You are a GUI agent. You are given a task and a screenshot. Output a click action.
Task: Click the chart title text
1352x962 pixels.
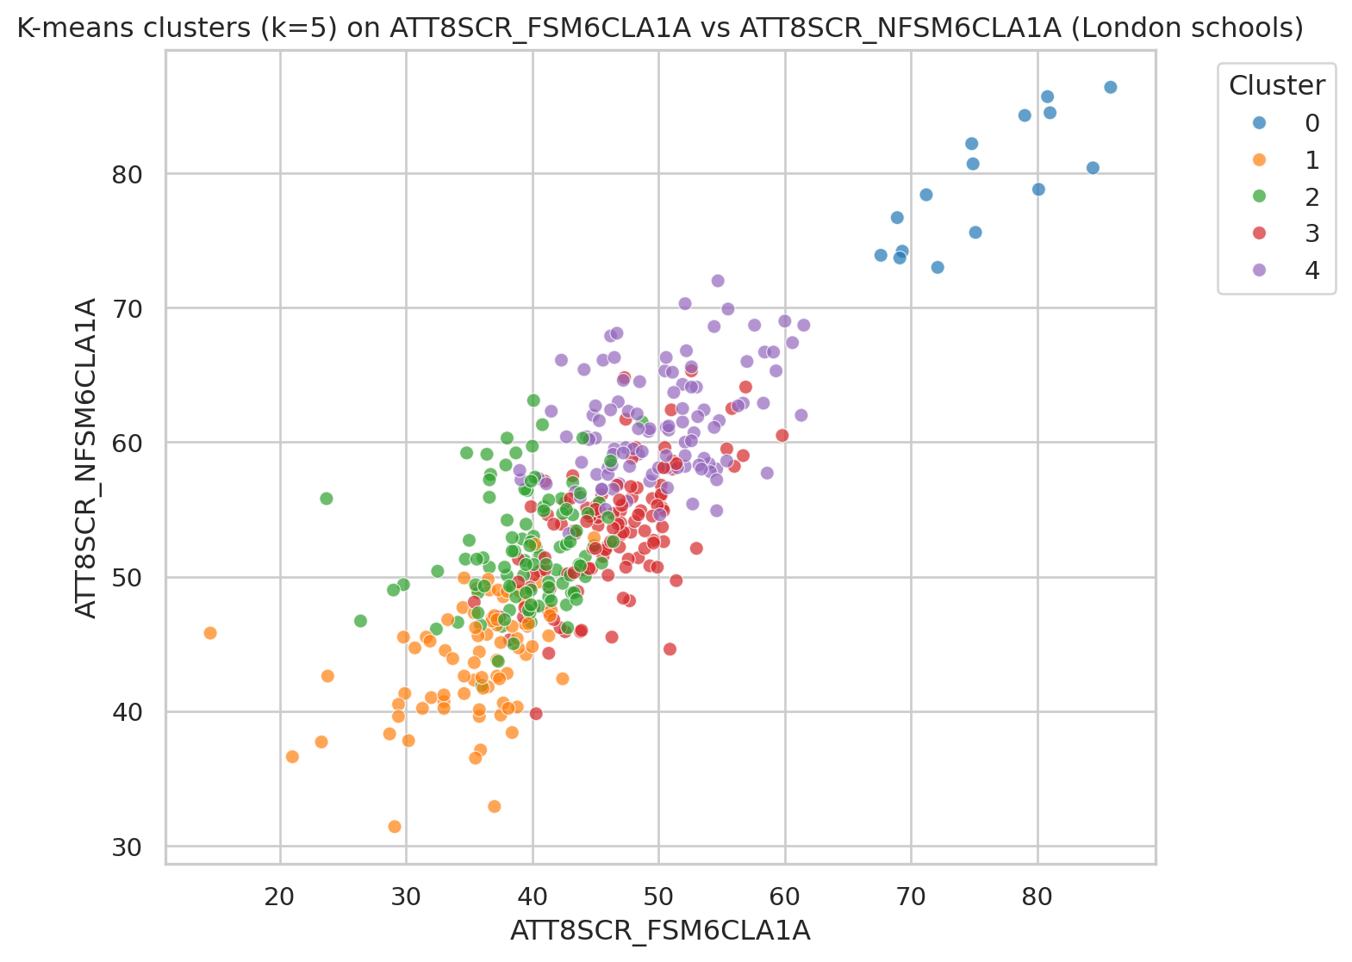coord(660,28)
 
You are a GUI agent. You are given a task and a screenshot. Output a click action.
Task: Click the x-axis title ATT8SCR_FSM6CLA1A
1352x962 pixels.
coord(660,931)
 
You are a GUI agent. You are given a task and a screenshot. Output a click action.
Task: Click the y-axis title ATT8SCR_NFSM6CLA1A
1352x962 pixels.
coord(85,458)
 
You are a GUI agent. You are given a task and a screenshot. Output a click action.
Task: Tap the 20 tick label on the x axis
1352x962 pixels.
coord(280,897)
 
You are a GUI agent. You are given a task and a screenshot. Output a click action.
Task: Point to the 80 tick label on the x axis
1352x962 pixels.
coord(1037,897)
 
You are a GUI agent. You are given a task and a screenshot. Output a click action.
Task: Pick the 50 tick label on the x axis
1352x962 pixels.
coord(658,897)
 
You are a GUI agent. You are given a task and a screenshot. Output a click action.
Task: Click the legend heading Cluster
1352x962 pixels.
coord(1276,85)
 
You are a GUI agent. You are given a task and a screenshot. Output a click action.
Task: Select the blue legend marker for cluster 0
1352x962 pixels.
coord(1259,123)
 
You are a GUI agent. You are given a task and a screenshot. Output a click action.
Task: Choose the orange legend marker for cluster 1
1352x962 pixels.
coord(1259,160)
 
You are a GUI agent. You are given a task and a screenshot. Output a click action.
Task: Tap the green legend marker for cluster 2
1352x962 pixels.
coord(1259,197)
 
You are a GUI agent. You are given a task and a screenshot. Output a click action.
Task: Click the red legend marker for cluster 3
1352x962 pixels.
coord(1259,233)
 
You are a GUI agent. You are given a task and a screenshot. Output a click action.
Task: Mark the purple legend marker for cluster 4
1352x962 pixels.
coord(1259,270)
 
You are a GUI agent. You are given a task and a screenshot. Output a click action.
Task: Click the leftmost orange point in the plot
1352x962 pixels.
coord(210,633)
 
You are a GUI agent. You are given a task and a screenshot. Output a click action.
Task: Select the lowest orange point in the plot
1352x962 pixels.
coord(395,827)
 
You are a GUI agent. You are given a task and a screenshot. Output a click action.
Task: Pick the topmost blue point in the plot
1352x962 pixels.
coord(1111,87)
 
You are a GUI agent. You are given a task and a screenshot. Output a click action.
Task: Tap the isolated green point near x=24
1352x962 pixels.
coord(327,499)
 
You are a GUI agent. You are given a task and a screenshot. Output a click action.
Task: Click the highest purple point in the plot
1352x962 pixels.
coord(718,281)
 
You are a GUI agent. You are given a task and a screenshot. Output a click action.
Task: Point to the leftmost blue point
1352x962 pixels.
coord(881,255)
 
